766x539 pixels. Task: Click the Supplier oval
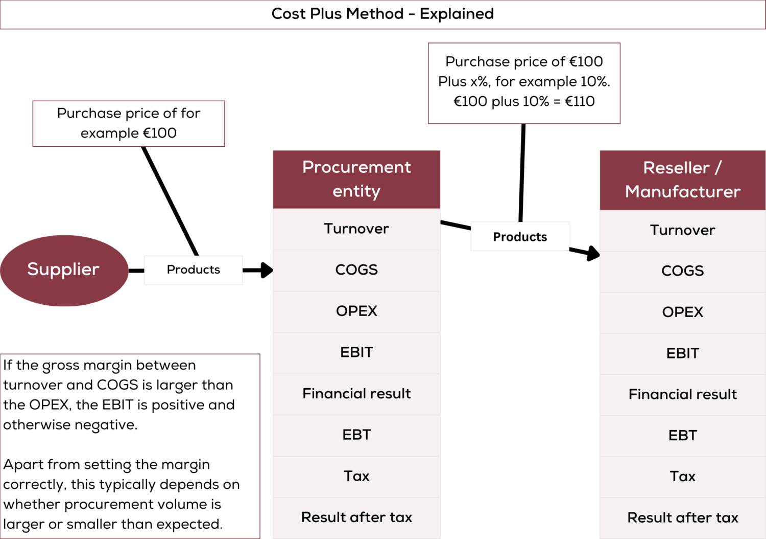click(x=64, y=270)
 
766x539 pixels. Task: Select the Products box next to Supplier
click(x=194, y=270)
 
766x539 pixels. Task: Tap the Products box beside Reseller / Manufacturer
click(x=520, y=237)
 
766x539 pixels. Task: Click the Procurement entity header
click(x=356, y=179)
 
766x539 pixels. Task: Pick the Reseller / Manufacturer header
click(x=682, y=179)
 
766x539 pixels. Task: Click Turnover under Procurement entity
click(x=356, y=229)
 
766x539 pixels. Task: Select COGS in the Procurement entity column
click(x=356, y=270)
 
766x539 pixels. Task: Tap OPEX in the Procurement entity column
click(x=356, y=311)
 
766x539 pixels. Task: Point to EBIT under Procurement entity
click(x=356, y=352)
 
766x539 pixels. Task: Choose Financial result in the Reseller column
click(x=682, y=394)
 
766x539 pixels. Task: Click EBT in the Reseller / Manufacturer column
click(x=682, y=436)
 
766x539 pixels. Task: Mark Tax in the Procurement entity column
click(x=356, y=476)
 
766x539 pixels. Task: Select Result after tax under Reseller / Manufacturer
click(x=682, y=518)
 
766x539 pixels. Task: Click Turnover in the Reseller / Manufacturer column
click(x=682, y=230)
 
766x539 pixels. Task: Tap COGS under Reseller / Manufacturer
click(x=682, y=271)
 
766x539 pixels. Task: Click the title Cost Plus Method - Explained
click(x=382, y=14)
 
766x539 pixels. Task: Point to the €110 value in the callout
click(x=580, y=101)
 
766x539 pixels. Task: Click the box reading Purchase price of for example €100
click(x=129, y=123)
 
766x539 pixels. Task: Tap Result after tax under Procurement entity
click(x=356, y=518)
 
